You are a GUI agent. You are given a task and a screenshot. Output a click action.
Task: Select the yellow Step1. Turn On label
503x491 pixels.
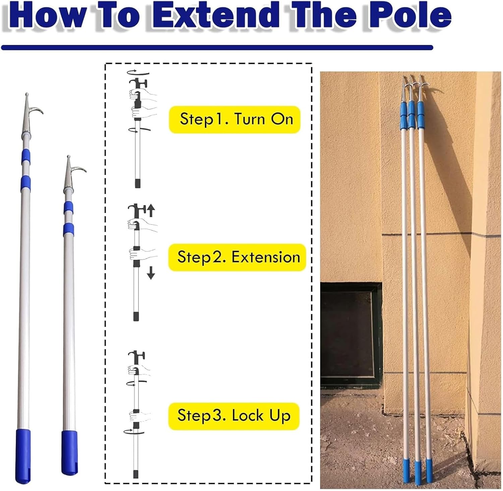click(234, 119)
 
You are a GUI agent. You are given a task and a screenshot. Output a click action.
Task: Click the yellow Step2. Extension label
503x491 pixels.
click(237, 257)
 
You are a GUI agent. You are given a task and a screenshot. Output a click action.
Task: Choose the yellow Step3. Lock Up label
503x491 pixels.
click(234, 416)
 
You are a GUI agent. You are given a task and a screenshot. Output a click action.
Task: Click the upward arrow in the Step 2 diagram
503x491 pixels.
click(151, 210)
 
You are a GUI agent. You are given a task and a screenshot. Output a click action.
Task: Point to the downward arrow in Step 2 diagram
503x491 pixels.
click(151, 273)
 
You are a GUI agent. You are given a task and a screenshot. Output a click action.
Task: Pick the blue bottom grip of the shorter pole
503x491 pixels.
click(69, 453)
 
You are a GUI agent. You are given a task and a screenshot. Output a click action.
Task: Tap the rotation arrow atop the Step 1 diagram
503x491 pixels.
click(138, 72)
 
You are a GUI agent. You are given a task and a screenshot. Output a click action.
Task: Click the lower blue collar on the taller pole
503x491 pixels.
click(25, 182)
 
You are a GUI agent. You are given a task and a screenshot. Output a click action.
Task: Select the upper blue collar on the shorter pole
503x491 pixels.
click(68, 207)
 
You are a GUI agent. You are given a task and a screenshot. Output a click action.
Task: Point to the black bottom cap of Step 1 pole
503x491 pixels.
click(137, 183)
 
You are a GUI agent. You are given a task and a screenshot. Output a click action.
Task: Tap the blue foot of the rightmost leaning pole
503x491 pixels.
click(429, 466)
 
